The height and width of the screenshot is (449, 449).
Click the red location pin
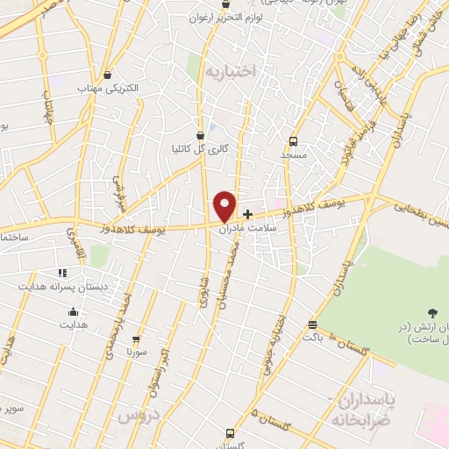[225, 207]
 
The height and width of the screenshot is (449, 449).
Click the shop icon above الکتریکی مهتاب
[107, 75]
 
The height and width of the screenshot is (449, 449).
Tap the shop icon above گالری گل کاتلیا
[202, 136]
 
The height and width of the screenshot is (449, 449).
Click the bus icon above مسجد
[294, 139]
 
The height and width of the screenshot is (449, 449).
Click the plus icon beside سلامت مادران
[248, 213]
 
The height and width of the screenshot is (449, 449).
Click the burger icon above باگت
[313, 323]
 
